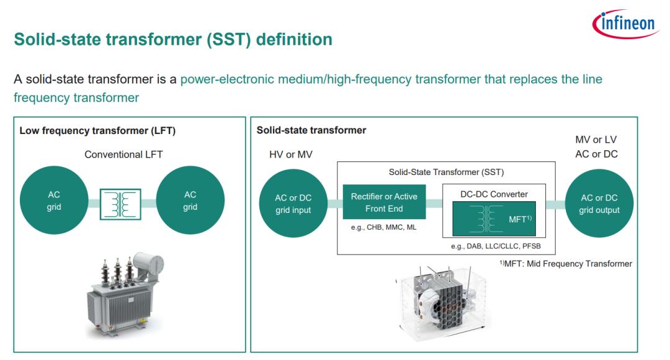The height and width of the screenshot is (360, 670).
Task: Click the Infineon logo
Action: click(625, 24)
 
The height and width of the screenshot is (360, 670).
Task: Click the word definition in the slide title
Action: click(294, 39)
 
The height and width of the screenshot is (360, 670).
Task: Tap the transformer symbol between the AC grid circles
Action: click(120, 204)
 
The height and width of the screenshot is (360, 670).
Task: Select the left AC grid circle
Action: click(54, 200)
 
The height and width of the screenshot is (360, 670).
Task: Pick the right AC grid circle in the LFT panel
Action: click(190, 200)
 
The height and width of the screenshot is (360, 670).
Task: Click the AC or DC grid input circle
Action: click(293, 204)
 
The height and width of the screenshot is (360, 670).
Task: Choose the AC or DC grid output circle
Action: click(599, 204)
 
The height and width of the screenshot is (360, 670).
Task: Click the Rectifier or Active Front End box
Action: click(384, 202)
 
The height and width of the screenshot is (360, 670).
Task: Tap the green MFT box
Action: click(494, 218)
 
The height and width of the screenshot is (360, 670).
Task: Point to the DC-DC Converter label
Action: click(494, 194)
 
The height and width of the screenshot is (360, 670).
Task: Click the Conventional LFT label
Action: click(123, 155)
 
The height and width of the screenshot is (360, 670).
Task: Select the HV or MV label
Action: click(290, 155)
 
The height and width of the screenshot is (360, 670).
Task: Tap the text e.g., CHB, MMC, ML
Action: click(384, 227)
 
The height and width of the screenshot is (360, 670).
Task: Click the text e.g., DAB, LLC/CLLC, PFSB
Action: click(496, 246)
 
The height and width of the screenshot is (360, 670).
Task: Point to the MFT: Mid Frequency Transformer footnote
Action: click(566, 264)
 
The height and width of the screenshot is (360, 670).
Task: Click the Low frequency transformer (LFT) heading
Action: click(97, 131)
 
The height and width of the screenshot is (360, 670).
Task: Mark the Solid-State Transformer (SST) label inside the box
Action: click(446, 173)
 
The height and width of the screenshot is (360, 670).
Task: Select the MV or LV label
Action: click(596, 140)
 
